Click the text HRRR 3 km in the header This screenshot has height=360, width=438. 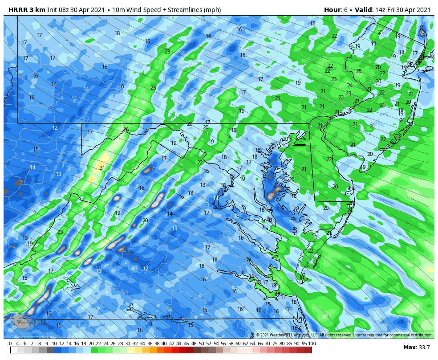tap(25, 10)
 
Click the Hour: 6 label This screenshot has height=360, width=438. tap(335, 10)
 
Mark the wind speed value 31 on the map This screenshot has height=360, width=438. tap(102, 168)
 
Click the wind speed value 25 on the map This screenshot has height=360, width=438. tap(358, 71)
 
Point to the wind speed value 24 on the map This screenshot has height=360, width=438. tap(350, 86)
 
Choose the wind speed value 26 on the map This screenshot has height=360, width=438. tap(126, 130)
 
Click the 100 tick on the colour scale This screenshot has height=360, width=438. tap(312, 344)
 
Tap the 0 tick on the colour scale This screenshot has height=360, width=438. tap(10, 344)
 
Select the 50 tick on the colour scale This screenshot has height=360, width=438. tap(202, 344)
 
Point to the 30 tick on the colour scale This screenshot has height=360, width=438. tap(128, 344)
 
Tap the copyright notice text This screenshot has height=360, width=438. tap(344, 335)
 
